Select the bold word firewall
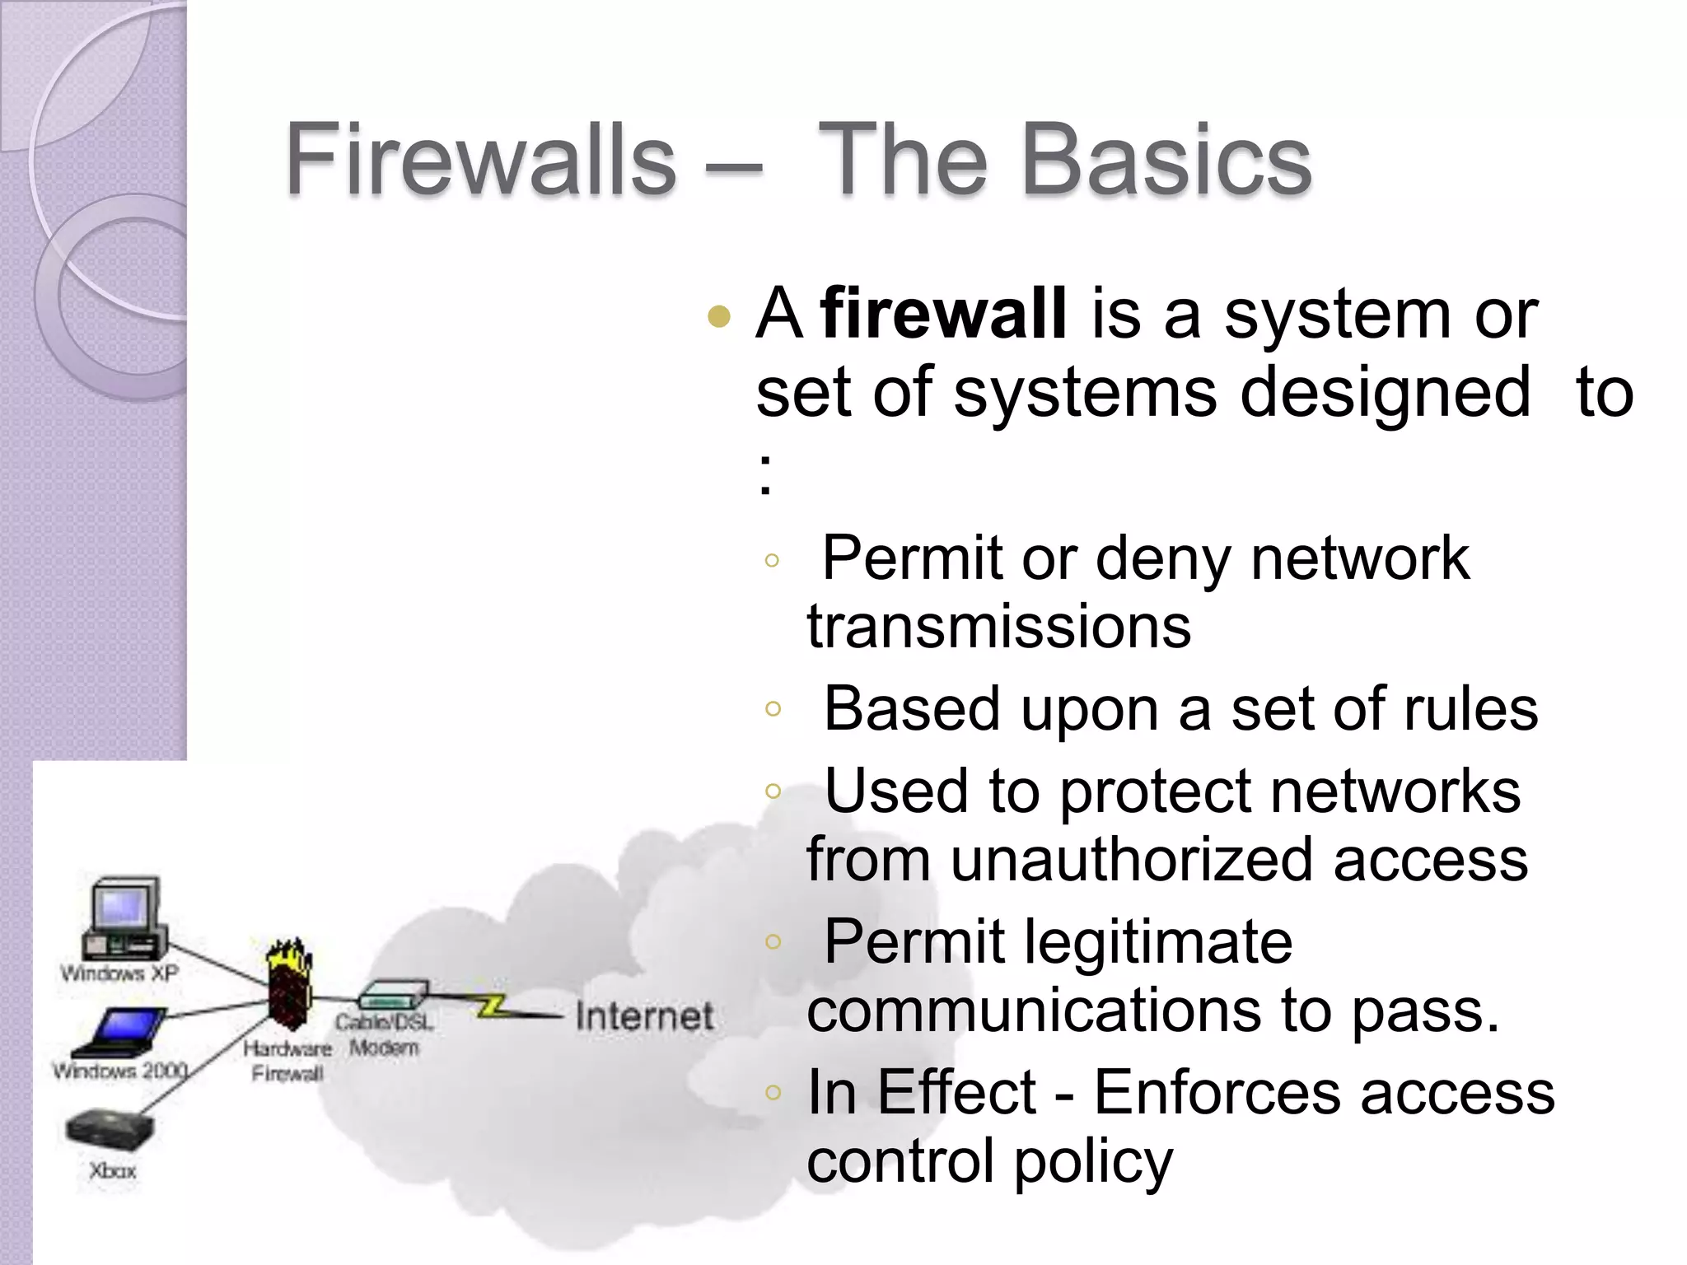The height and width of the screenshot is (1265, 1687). pyautogui.click(x=944, y=314)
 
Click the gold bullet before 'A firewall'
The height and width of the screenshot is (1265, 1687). pyautogui.click(x=719, y=316)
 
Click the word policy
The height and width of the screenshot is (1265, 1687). pyautogui.click(x=1093, y=1162)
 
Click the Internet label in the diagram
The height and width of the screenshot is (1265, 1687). pyautogui.click(x=644, y=1016)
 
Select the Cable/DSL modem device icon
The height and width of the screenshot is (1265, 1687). pyautogui.click(x=394, y=994)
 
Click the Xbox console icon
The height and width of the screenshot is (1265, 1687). pyautogui.click(x=110, y=1131)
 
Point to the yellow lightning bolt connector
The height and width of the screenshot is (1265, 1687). pyautogui.click(x=492, y=1006)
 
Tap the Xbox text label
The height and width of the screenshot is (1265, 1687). pyautogui.click(x=112, y=1170)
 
